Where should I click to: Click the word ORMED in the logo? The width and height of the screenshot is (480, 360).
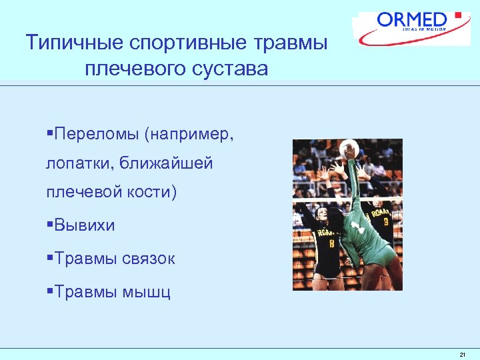coord(412,19)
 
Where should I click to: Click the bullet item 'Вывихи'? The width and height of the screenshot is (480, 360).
coord(85,225)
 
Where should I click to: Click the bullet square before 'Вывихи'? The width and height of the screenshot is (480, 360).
coord(50,225)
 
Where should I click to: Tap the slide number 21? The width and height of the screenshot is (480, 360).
coord(463,354)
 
